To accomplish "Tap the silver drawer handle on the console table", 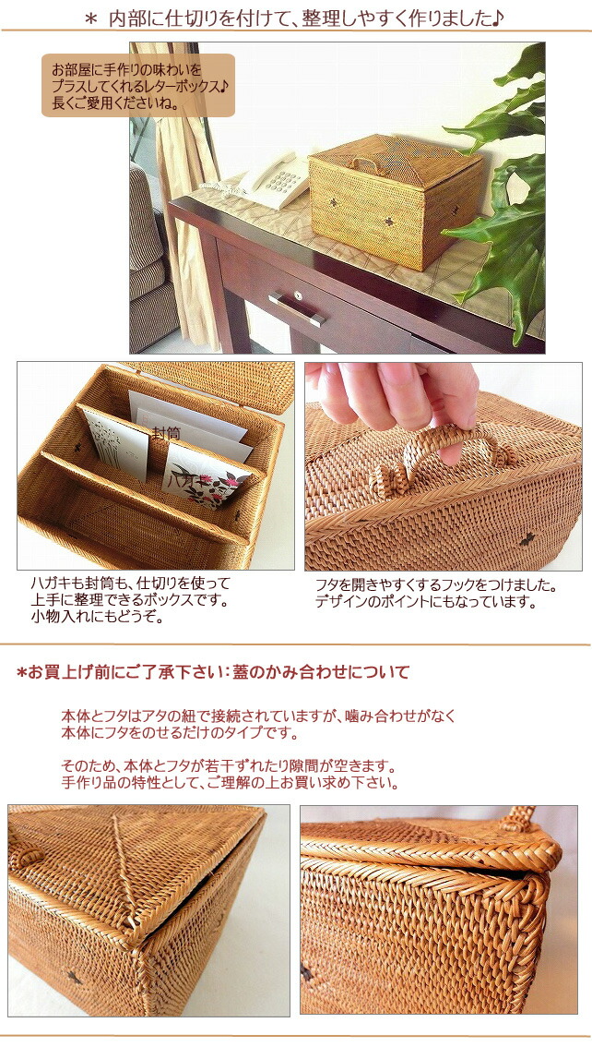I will tap(297, 308).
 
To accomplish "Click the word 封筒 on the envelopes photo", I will tap(166, 432).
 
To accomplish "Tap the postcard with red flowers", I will tap(205, 476).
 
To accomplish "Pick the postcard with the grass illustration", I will tap(114, 445).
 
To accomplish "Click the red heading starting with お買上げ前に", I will tap(213, 672).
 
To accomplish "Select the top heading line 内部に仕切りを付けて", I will tap(305, 17).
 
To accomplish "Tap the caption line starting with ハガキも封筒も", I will tap(130, 584).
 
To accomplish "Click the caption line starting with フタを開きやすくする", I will tap(436, 585).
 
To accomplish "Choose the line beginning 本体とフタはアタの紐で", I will tap(259, 716).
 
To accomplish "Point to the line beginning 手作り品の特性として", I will tap(231, 783).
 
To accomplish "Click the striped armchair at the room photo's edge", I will tap(148, 268).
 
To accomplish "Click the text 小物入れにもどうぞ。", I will tap(97, 617).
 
